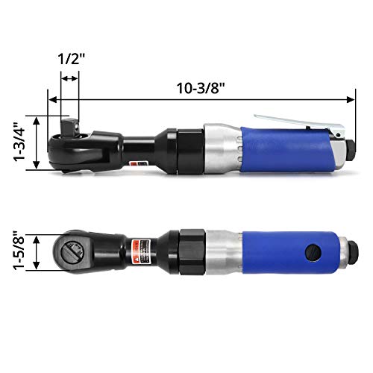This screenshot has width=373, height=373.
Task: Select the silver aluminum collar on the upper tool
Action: point(219,147)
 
